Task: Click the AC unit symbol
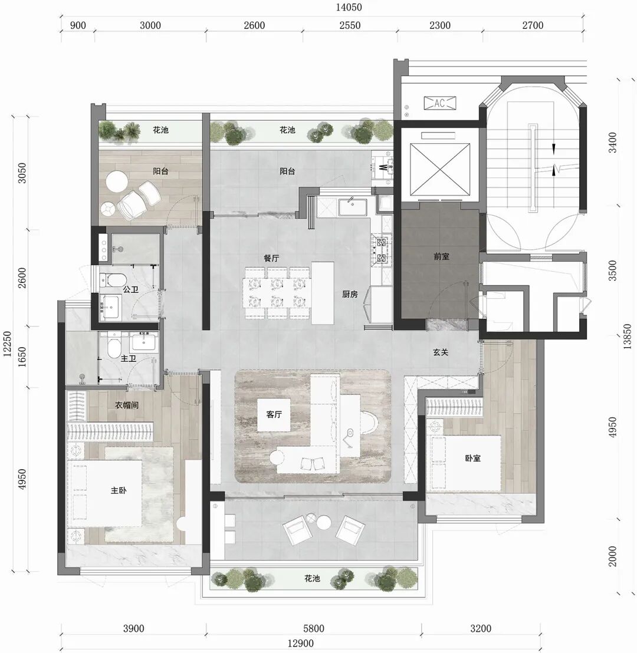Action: click(440, 103)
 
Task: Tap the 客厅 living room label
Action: click(274, 414)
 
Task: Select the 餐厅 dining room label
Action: click(271, 258)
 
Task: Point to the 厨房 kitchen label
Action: click(350, 295)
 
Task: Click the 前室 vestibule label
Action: click(442, 256)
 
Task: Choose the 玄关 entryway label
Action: click(441, 352)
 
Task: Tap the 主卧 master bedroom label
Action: click(119, 490)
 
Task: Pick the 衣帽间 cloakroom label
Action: click(127, 405)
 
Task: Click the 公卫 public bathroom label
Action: click(130, 289)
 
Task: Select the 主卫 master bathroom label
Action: click(129, 358)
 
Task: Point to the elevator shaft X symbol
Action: click(440, 169)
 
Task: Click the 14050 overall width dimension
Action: click(349, 7)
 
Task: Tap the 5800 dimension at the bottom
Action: click(314, 628)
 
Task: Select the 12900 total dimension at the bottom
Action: click(301, 644)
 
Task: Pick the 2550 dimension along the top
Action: click(350, 25)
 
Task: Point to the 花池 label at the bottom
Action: click(312, 579)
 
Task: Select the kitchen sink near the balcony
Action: click(352, 206)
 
